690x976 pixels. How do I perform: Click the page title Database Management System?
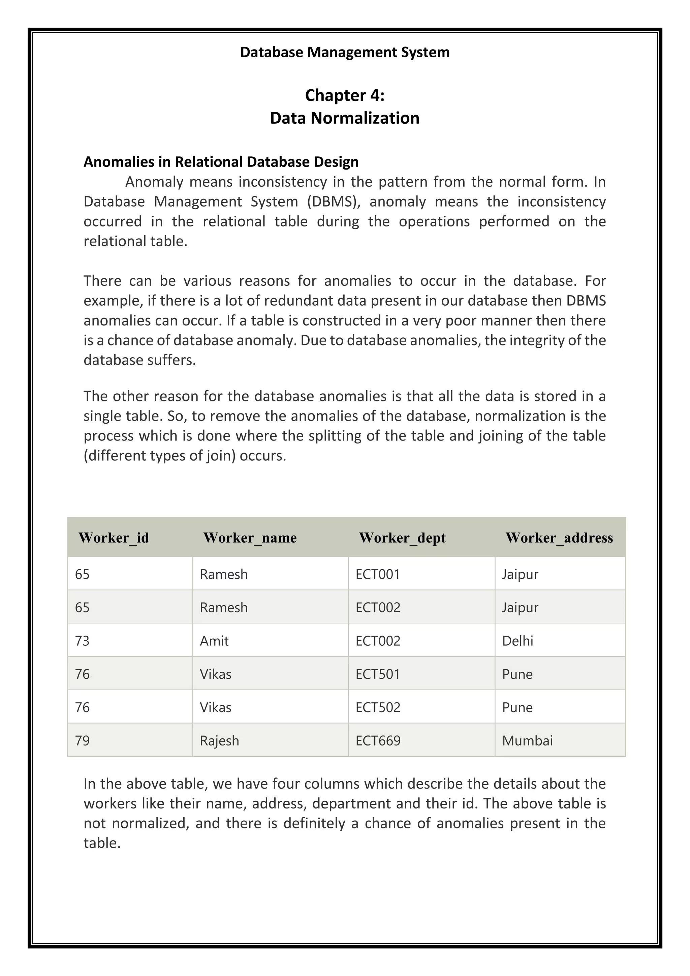click(x=345, y=52)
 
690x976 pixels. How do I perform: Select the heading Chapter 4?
click(x=345, y=95)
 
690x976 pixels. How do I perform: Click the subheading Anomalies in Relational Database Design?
click(x=221, y=162)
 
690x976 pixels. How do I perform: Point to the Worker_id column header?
click(x=114, y=538)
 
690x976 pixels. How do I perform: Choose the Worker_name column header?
click(x=250, y=538)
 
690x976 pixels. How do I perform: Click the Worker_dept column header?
click(x=402, y=538)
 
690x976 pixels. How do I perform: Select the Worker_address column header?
click(x=559, y=538)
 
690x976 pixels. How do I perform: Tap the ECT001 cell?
click(x=378, y=574)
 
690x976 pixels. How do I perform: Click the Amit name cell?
click(x=214, y=641)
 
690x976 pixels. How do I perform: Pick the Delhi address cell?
click(x=517, y=641)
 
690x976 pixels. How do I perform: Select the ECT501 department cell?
click(x=378, y=674)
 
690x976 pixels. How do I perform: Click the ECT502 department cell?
click(x=378, y=707)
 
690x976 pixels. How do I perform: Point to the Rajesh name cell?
click(x=219, y=740)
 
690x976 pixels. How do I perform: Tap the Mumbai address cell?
click(x=527, y=740)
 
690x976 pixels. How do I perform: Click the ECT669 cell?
click(x=378, y=740)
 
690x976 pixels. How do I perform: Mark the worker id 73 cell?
click(x=83, y=641)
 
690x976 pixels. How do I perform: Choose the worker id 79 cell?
click(x=83, y=740)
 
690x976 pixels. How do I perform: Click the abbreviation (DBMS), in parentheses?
click(x=334, y=202)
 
